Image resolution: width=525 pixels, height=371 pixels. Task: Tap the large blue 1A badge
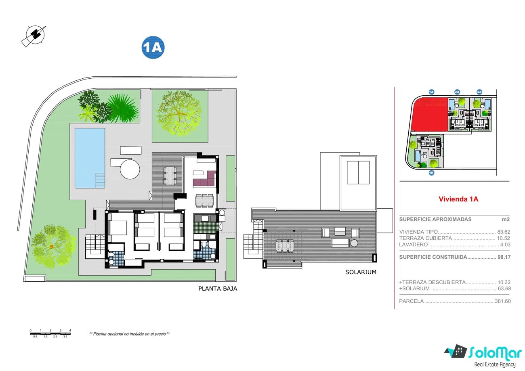(153, 47)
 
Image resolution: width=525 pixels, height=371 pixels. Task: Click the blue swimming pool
(90, 158)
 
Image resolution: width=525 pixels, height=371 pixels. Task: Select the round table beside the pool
(130, 169)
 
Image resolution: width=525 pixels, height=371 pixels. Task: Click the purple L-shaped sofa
(204, 179)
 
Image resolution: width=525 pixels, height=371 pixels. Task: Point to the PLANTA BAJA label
(218, 289)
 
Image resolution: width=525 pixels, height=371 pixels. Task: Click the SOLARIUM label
(361, 272)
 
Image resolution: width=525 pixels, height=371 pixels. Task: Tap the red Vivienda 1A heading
(458, 199)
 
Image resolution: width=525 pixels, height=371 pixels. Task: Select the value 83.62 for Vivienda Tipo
(504, 232)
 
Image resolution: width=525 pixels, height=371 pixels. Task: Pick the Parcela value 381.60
(503, 301)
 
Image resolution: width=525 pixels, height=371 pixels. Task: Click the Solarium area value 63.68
(504, 289)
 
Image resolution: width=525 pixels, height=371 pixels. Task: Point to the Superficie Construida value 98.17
(504, 257)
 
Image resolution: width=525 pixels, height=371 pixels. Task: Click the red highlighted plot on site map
(429, 114)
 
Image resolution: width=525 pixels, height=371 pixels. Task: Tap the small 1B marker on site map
(431, 173)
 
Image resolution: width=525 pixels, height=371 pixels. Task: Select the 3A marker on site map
(479, 92)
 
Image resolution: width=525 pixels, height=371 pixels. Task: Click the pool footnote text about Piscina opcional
(129, 334)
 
